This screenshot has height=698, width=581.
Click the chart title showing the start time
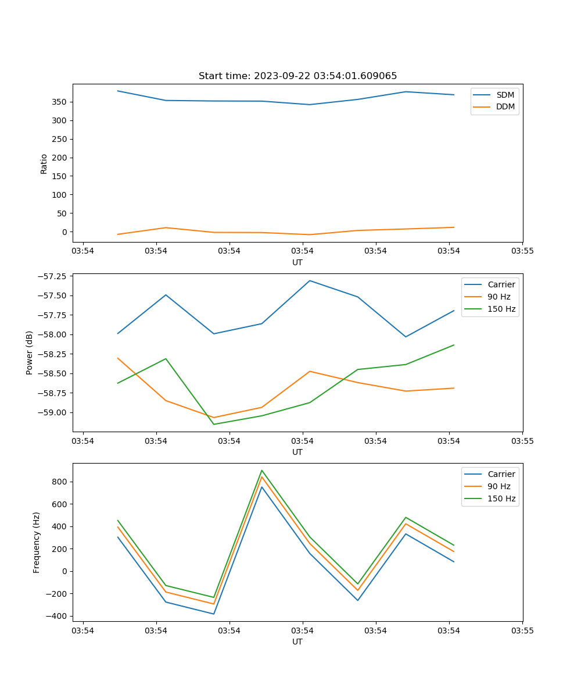pos(297,76)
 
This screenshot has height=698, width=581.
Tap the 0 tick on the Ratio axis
pos(64,232)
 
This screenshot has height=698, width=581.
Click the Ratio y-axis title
pos(44,163)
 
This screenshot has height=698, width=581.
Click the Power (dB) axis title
pos(30,352)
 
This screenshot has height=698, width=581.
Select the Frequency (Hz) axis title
pos(37,542)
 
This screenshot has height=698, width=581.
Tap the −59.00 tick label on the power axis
pos(50,412)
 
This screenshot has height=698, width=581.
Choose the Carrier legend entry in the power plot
pos(501,284)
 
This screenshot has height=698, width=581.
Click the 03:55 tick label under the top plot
pos(522,251)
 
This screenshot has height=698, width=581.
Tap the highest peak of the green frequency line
pos(262,470)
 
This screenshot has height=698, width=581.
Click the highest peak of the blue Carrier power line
pos(310,280)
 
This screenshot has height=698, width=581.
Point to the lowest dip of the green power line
pos(214,424)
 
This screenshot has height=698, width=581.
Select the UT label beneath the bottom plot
pos(297,642)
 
